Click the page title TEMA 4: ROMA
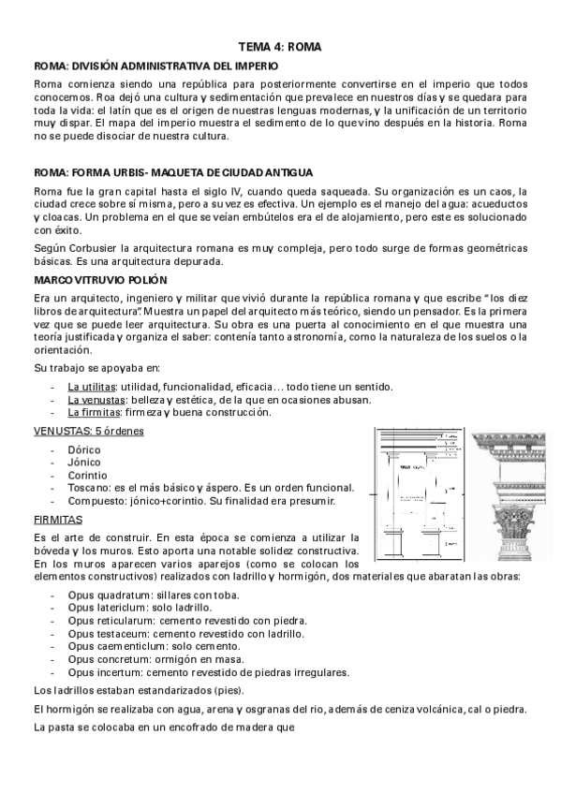[280, 46]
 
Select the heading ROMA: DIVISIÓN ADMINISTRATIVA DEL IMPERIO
[155, 66]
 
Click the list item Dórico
[83, 449]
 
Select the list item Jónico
[83, 462]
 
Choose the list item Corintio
[86, 475]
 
